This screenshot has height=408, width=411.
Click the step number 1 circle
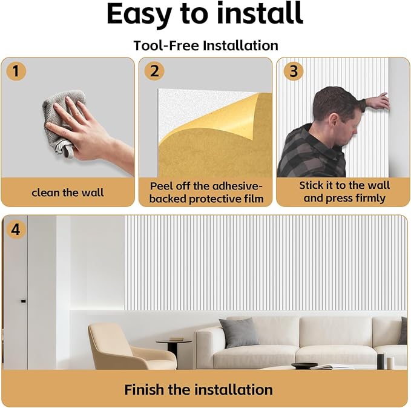tap(16, 71)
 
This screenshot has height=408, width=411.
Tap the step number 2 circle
tap(154, 71)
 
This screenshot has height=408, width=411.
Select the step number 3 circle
tap(294, 71)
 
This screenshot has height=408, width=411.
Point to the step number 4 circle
tap(16, 229)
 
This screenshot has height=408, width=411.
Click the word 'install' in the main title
tap(260, 14)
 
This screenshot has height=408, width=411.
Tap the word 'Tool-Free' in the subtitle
tap(166, 45)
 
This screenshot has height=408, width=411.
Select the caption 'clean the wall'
tap(68, 192)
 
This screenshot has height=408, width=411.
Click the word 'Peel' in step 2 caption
tap(162, 186)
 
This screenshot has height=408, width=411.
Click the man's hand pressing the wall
tap(380, 102)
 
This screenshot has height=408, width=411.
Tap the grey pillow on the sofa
tap(239, 332)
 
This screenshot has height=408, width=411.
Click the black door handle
tap(24, 301)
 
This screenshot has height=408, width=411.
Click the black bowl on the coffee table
tap(304, 366)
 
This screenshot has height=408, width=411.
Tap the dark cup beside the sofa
tap(380, 361)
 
